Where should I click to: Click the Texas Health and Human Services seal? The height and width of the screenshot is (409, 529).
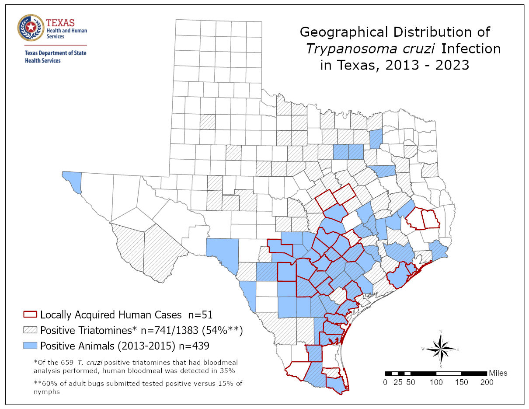coord(31,28)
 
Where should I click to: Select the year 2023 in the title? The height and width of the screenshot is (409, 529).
coord(453,65)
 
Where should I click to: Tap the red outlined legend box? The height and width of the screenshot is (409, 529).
coord(30,315)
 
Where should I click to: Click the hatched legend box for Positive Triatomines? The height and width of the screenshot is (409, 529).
coord(30,330)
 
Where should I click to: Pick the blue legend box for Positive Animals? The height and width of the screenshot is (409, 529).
coord(30,345)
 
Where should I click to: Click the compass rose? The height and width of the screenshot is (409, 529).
coord(441,349)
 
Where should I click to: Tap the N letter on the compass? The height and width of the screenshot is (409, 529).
coord(441,332)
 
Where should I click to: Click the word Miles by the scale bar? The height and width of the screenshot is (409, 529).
coord(498,373)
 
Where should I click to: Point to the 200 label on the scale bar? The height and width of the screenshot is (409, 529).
coord(486,382)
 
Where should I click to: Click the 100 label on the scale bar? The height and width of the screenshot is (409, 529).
coord(436,382)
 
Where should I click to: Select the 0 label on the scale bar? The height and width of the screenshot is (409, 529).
coord(385,382)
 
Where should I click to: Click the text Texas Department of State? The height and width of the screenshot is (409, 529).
coord(55,53)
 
